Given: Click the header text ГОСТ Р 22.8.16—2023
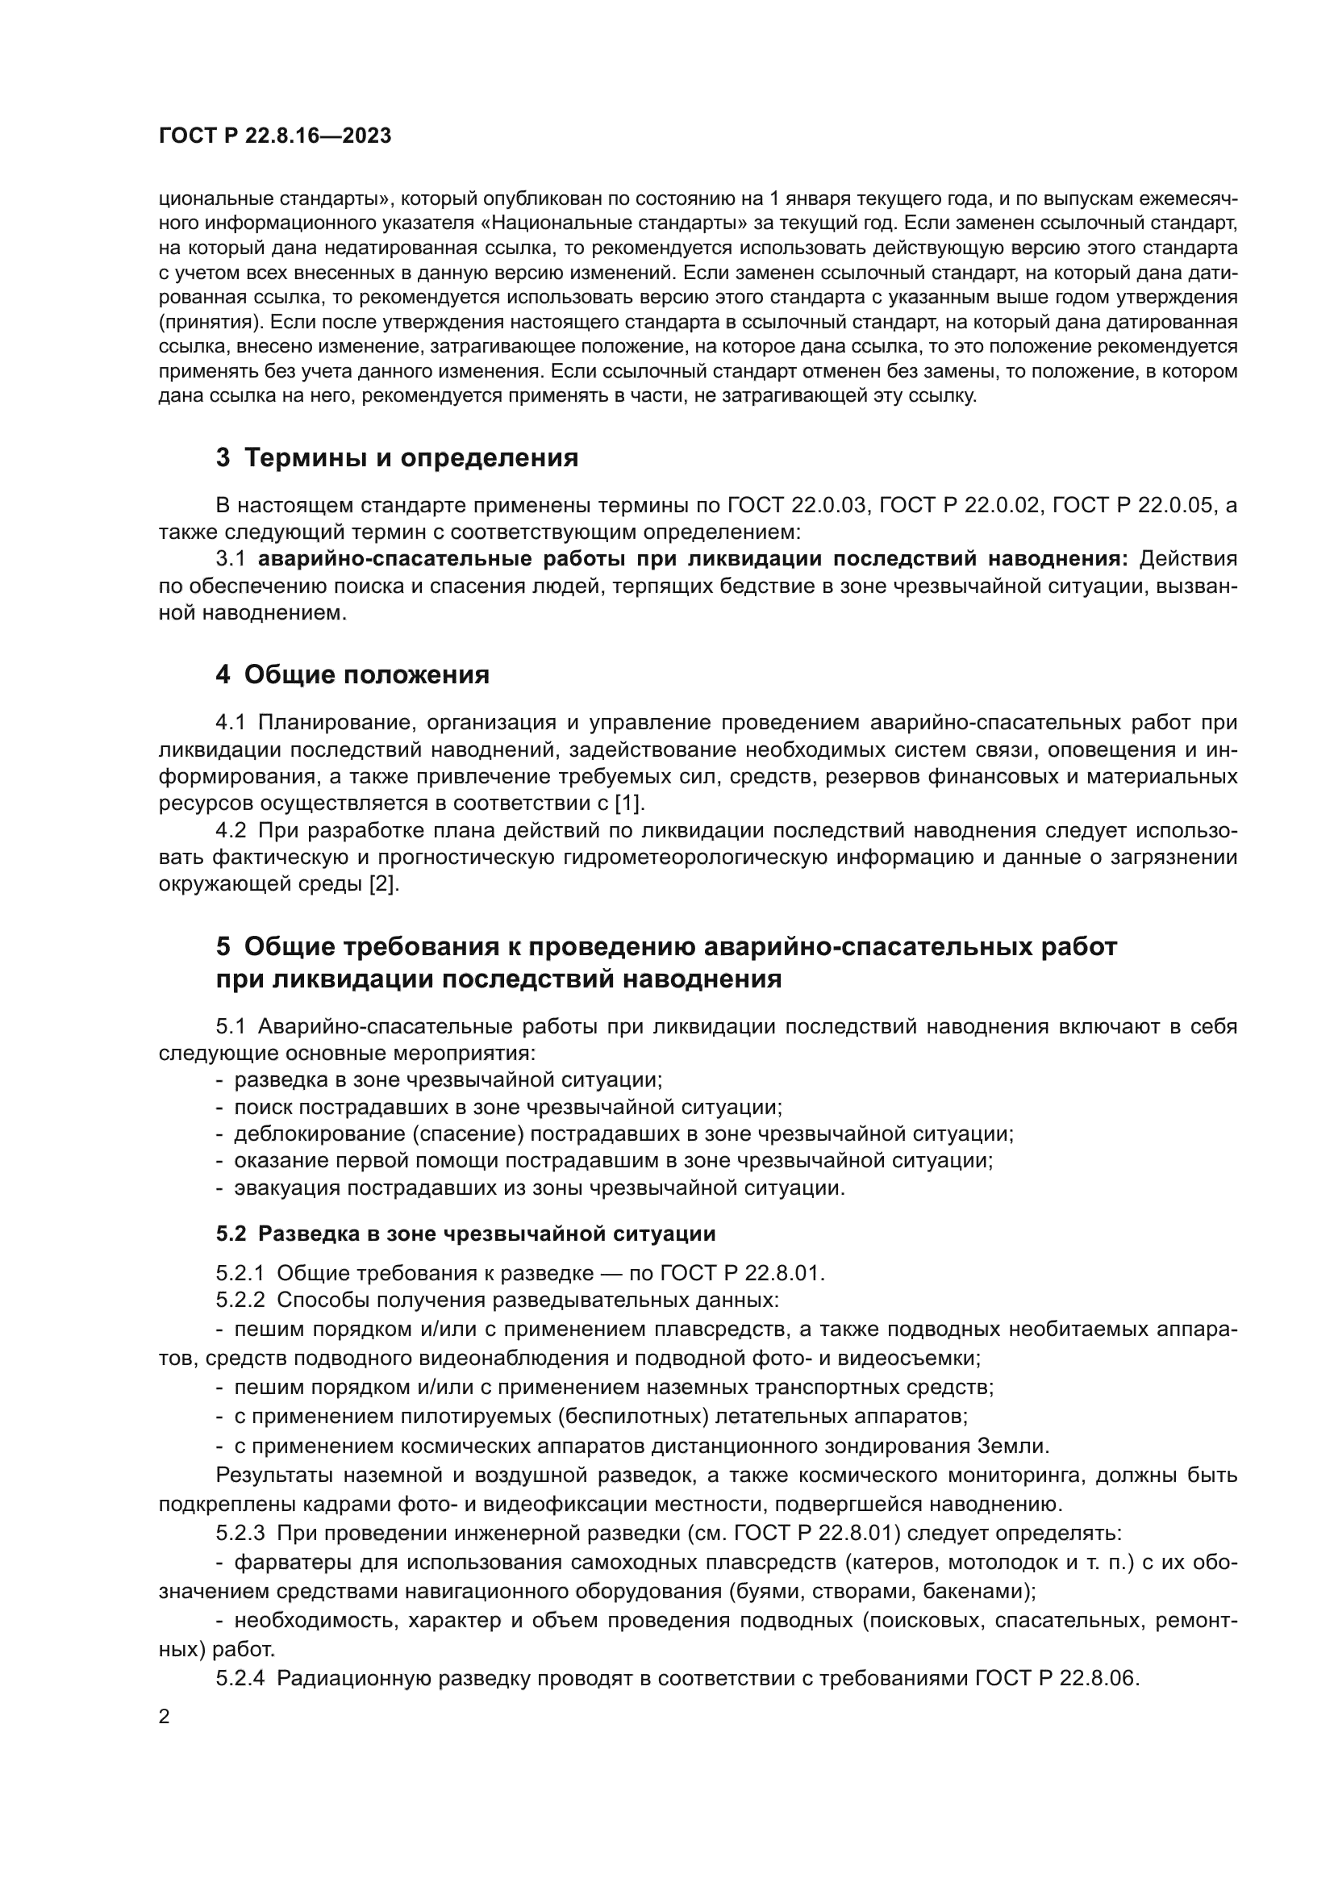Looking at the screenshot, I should pyautogui.click(x=274, y=136).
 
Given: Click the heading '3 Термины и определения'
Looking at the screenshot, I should pyautogui.click(x=397, y=457).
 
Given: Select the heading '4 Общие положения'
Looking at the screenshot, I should pyautogui.click(x=352, y=674).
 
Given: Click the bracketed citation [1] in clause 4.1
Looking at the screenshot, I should pyautogui.click(x=630, y=803).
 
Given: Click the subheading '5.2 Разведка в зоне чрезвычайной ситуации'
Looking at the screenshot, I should pyautogui.click(x=465, y=1234).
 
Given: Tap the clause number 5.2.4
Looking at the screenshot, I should pyautogui.click(x=240, y=1678).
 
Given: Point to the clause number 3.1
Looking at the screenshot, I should pyautogui.click(x=231, y=559).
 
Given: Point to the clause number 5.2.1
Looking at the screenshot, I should pyautogui.click(x=240, y=1274).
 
